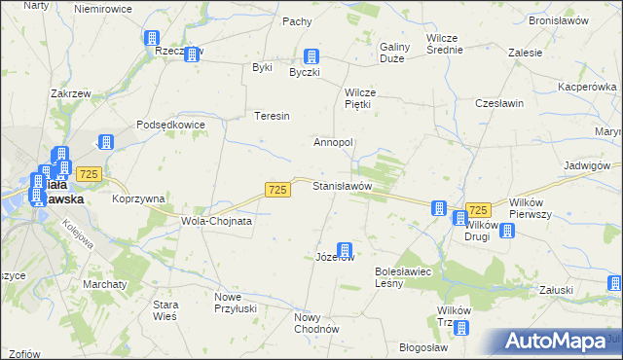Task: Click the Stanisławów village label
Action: click(342, 185)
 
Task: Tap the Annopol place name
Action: click(333, 142)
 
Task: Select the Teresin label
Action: click(273, 117)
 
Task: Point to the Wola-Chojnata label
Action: click(217, 221)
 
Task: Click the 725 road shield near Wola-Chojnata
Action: click(277, 190)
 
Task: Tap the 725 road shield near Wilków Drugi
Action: click(477, 210)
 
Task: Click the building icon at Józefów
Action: click(344, 250)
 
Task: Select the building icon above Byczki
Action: click(311, 56)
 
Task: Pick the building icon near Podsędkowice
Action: click(105, 141)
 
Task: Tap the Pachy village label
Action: click(296, 21)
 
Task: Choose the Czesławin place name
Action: click(499, 103)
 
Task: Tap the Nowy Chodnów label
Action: click(315, 323)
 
